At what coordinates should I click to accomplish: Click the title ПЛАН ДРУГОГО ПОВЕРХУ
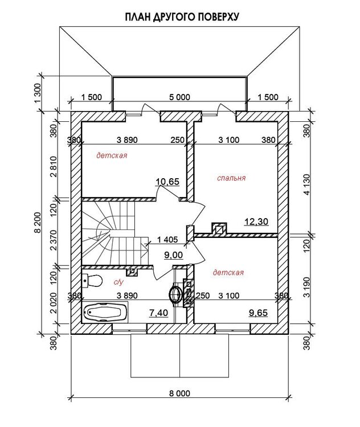[182, 17]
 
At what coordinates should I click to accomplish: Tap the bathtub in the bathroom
[105, 312]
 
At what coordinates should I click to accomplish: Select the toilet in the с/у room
[92, 281]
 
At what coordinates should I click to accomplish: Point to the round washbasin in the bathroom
[175, 294]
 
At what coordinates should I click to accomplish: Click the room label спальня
[231, 178]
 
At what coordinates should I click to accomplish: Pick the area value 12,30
[256, 221]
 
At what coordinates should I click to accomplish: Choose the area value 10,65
[167, 182]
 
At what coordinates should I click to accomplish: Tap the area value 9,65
[259, 313]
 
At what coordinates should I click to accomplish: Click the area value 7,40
[158, 313]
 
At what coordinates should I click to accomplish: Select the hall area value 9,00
[174, 255]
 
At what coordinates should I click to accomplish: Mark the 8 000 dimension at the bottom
[179, 393]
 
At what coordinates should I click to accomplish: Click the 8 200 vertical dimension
[38, 223]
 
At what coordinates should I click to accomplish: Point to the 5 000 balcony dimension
[179, 97]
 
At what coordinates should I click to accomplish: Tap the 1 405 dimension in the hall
[167, 240]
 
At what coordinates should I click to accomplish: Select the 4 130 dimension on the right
[307, 184]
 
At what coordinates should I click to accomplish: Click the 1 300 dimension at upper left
[38, 93]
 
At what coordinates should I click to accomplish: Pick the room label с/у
[118, 282]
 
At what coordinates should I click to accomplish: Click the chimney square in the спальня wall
[219, 228]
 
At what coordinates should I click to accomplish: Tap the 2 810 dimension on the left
[54, 167]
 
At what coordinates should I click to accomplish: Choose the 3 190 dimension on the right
[307, 288]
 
